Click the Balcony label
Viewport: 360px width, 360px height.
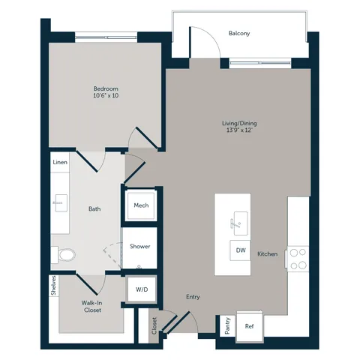[x=239, y=33]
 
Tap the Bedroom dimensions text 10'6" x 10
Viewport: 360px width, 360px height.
[x=106, y=95]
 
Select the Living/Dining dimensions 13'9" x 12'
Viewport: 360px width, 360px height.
[x=239, y=130]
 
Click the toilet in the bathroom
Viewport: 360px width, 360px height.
[x=63, y=255]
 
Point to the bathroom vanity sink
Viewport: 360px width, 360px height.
[x=60, y=203]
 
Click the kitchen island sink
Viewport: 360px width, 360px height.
[x=240, y=223]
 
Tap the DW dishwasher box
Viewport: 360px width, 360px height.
[x=240, y=250]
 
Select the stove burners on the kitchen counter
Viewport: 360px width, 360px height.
[x=298, y=259]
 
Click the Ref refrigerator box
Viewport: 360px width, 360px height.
[x=250, y=326]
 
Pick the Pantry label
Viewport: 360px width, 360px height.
[x=227, y=325]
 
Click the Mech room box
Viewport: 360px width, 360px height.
[x=141, y=205]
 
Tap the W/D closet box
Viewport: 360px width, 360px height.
[x=142, y=289]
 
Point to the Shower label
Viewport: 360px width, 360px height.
[x=140, y=247]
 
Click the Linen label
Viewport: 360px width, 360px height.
[x=60, y=162]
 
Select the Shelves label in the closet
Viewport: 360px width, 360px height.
[x=54, y=286]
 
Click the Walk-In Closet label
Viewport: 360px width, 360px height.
[x=92, y=307]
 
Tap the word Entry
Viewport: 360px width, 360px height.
[x=193, y=297]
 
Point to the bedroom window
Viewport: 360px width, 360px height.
[x=106, y=37]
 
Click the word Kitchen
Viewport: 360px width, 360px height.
[x=268, y=254]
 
